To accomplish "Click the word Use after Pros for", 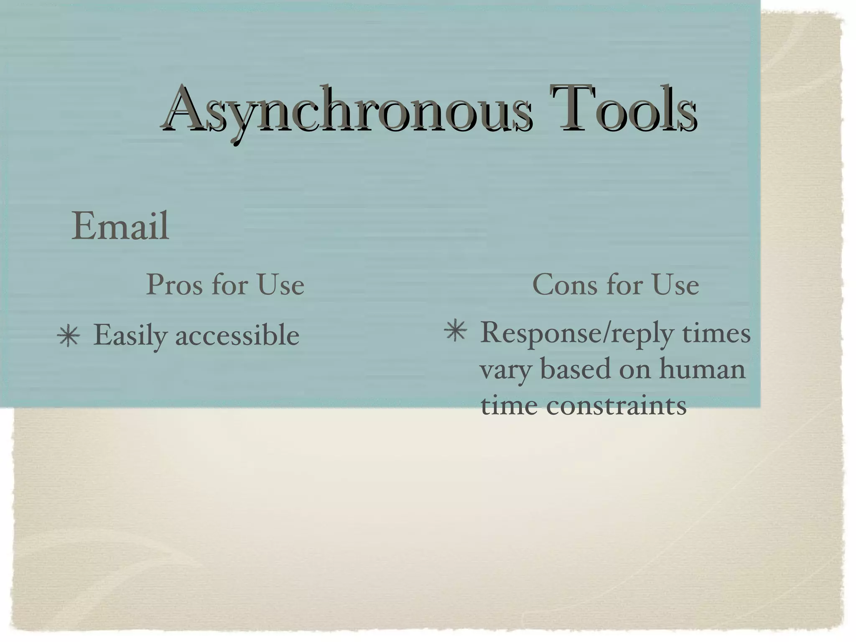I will [280, 285].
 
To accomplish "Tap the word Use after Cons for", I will [675, 285].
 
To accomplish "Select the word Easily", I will [130, 336].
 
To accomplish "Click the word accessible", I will [237, 336].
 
